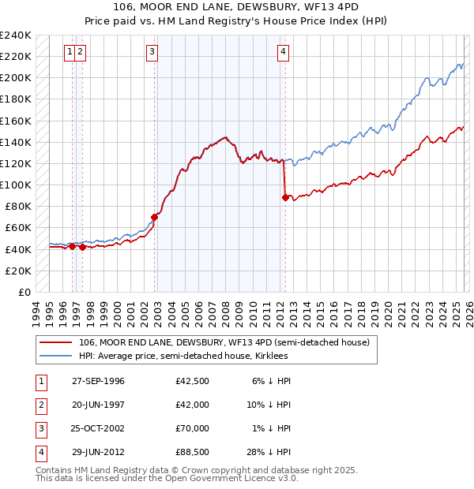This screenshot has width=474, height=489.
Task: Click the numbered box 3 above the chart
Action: pos(151,52)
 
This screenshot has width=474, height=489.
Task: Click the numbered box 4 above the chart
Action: pos(282,52)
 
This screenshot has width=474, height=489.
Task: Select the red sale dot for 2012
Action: pos(284,198)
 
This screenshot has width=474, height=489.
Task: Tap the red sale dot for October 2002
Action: pos(154,217)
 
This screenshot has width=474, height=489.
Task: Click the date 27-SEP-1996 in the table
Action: pos(98,381)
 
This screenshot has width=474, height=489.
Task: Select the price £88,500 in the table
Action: pos(193,452)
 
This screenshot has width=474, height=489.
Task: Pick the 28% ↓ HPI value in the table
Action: pos(270,452)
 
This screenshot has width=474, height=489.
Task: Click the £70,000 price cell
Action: pos(193,428)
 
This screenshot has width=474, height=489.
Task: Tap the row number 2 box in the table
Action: pos(40,405)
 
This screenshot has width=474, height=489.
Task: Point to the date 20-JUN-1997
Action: pos(98,405)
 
